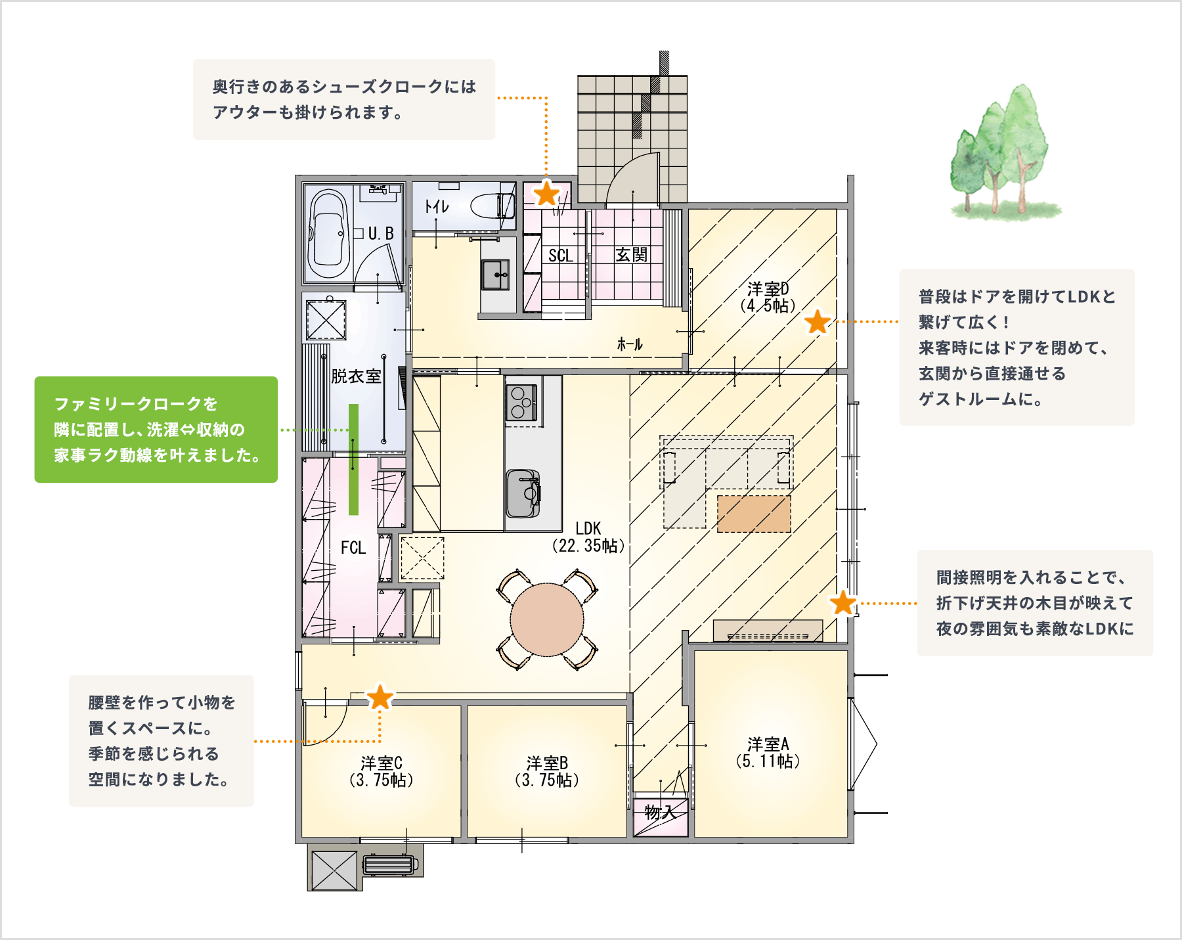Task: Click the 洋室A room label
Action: pos(768,753)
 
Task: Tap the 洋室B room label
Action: pos(547,771)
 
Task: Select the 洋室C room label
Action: pos(382,771)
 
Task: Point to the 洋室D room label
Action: pos(768,297)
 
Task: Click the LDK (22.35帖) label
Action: pos(588,537)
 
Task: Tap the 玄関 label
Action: pos(631,255)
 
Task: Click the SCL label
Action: pos(561,256)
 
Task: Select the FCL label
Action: pos(353,548)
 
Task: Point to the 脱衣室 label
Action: pos(356,376)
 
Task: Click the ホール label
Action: pos(630,344)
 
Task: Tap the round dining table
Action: pos(547,619)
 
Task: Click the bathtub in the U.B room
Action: pos(328,234)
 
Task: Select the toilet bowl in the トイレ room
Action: pos(492,206)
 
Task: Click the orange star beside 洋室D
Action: pos(818,323)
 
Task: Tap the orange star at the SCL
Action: pos(546,194)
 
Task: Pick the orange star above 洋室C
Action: pos(380,697)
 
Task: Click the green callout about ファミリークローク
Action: pos(156,430)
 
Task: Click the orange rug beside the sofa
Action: pos(754,514)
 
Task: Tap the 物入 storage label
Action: pos(661,813)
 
